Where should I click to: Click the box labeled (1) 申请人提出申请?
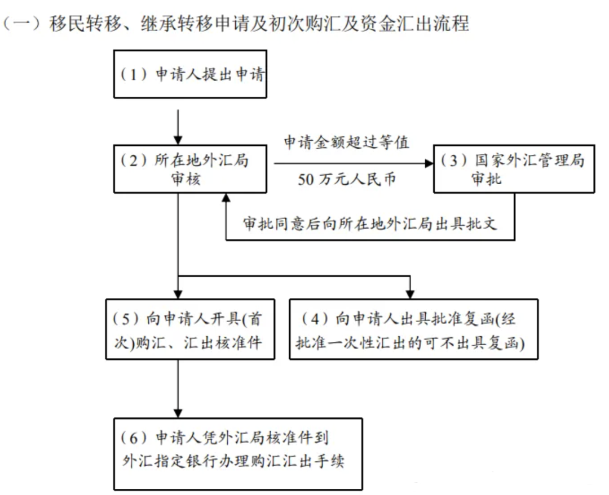[x=190, y=75]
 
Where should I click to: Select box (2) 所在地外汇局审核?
[x=190, y=169]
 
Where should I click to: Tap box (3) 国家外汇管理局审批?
[x=514, y=169]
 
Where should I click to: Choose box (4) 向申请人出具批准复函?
[x=413, y=329]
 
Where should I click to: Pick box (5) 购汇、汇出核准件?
[x=190, y=329]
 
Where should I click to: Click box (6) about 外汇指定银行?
[x=237, y=453]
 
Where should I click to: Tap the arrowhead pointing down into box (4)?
[x=411, y=293]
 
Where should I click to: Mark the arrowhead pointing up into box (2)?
[x=226, y=198]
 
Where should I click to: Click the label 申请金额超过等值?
[x=346, y=143]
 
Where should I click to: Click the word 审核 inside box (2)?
[x=186, y=179]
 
